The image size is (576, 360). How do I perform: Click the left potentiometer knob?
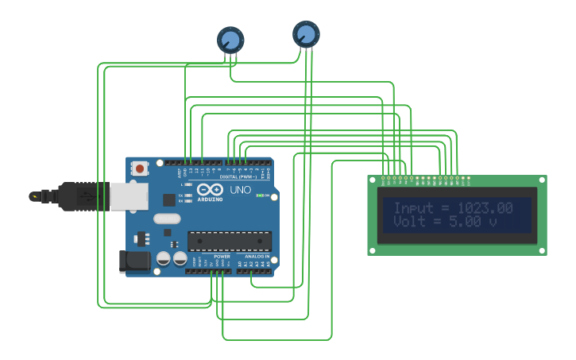pyautogui.click(x=230, y=39)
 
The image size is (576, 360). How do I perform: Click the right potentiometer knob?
pyautogui.click(x=306, y=34)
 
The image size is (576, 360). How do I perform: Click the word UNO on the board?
pyautogui.click(x=240, y=191)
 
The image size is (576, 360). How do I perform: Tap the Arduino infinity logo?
pyautogui.click(x=210, y=191)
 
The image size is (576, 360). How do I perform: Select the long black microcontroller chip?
pyautogui.click(x=229, y=240)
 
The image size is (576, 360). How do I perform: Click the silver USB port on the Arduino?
pyautogui.click(x=126, y=195)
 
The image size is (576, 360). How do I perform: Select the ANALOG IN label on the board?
pyautogui.click(x=257, y=257)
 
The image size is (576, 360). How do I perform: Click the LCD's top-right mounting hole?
pyautogui.click(x=541, y=181)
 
